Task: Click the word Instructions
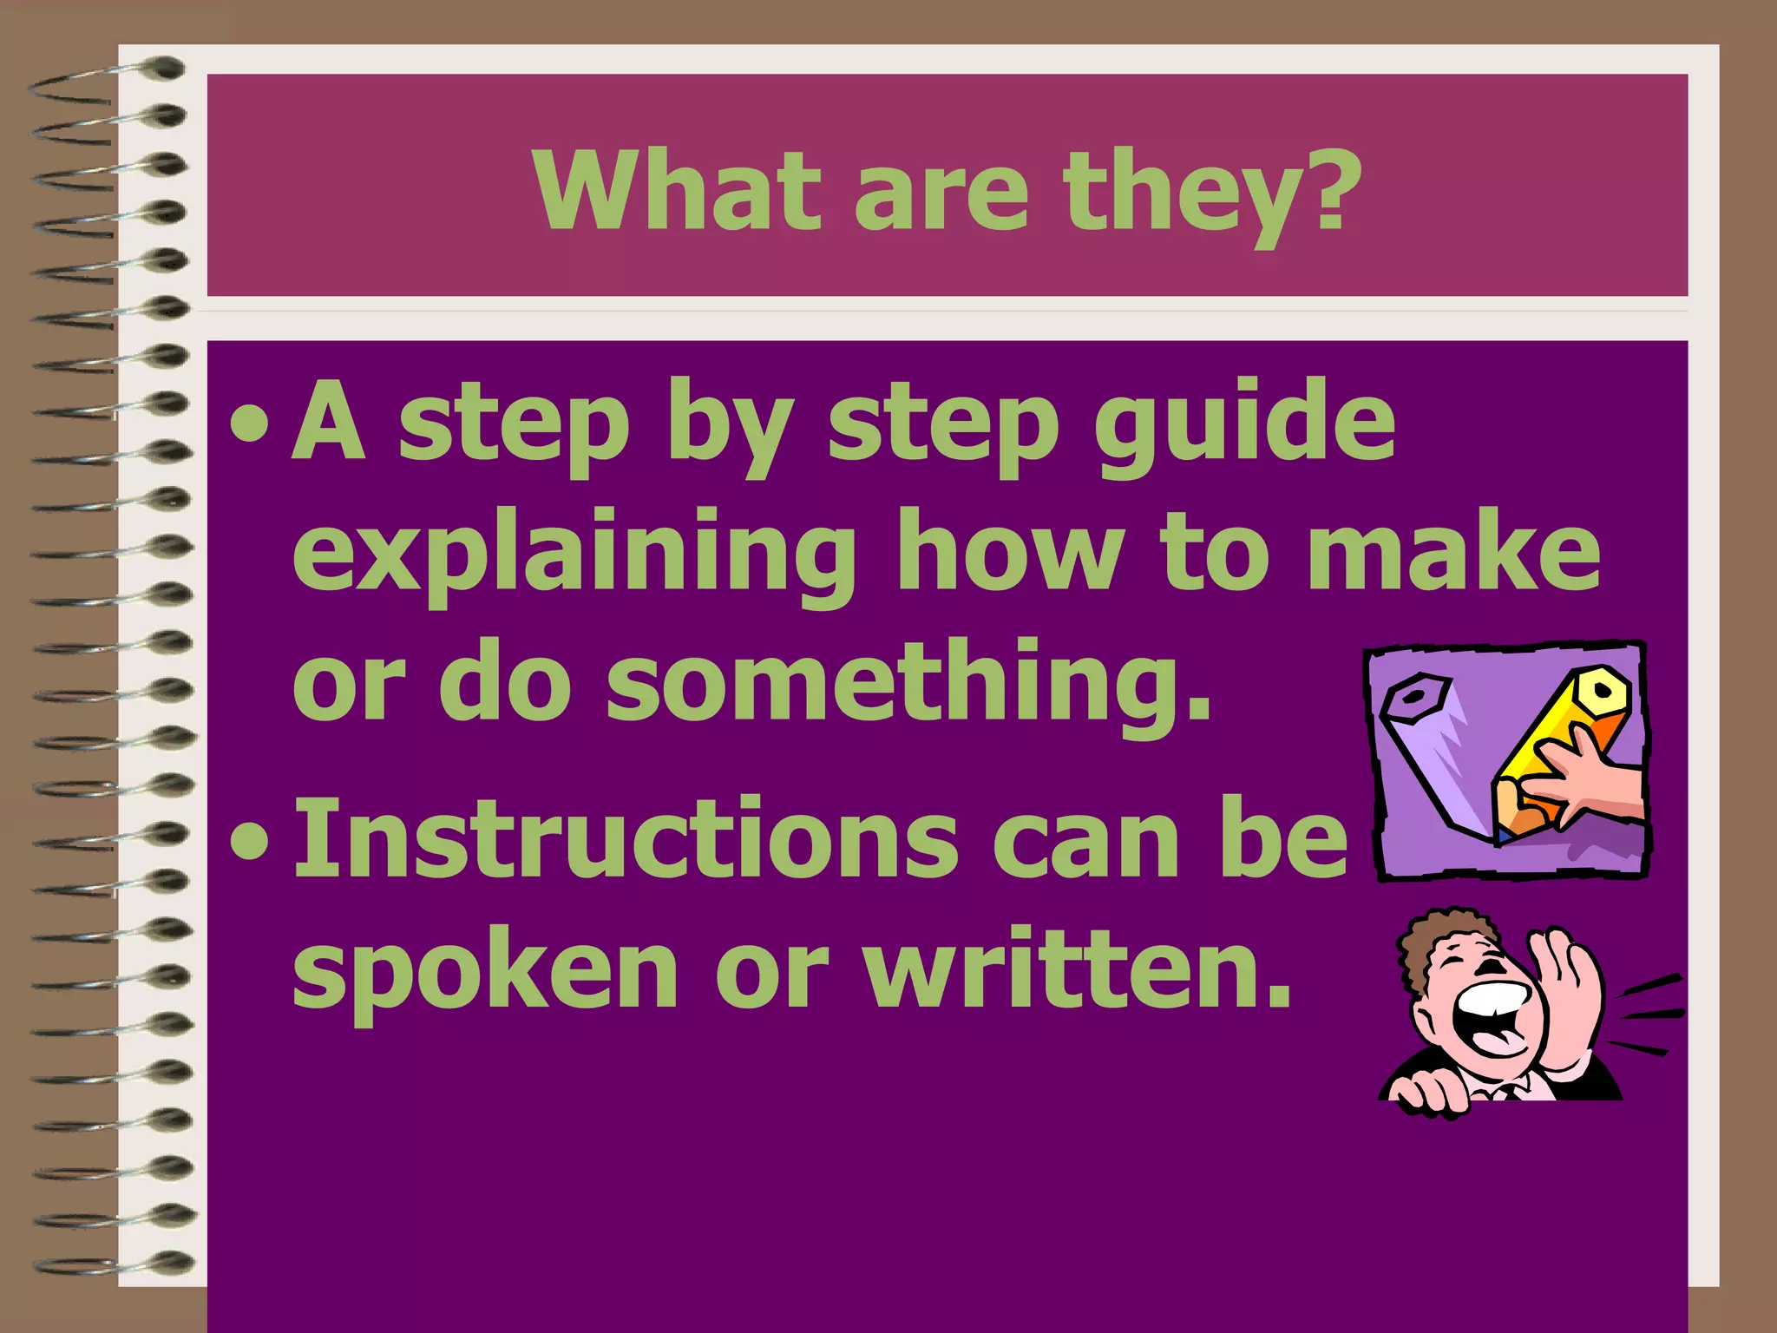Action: (625, 838)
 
